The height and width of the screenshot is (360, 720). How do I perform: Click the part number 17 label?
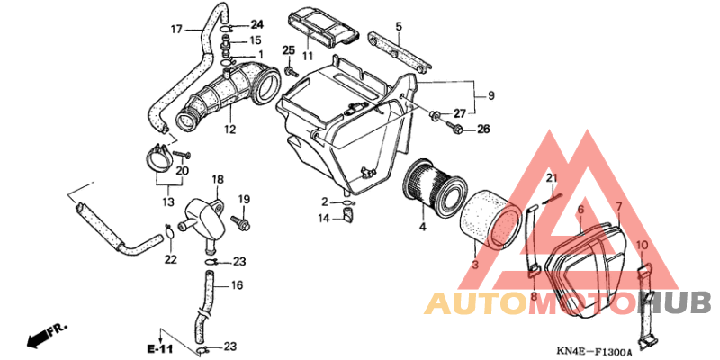[176, 30]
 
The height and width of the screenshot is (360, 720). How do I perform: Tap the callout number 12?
[230, 130]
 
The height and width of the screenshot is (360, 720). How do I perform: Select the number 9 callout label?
[490, 96]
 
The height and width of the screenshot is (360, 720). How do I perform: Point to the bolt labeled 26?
[455, 129]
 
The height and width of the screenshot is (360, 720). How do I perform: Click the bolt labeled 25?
[290, 71]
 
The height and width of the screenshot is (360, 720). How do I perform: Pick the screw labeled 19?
[241, 222]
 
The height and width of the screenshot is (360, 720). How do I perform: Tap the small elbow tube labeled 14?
[348, 215]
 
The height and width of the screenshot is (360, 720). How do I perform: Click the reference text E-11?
[160, 349]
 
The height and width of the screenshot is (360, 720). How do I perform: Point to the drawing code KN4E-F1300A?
[594, 352]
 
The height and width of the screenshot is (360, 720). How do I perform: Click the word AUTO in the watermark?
[476, 304]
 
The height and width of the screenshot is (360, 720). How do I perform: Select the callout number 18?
[217, 179]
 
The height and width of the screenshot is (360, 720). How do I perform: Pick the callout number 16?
[237, 285]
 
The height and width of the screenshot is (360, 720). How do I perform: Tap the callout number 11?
[307, 57]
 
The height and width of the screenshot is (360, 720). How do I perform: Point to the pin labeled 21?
[551, 196]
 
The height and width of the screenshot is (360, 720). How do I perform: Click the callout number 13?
[168, 202]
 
